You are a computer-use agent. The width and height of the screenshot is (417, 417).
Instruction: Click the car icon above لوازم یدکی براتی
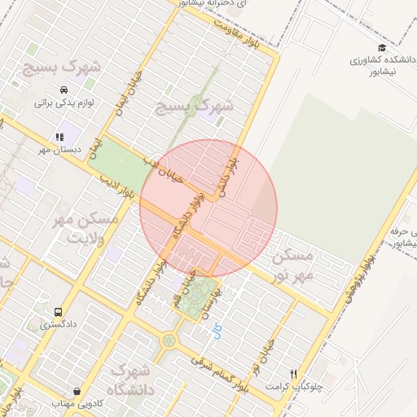(x=64, y=90)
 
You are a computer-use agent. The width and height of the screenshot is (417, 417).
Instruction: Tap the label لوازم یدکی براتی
(x=64, y=103)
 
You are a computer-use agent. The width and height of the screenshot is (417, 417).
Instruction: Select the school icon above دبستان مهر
(x=59, y=137)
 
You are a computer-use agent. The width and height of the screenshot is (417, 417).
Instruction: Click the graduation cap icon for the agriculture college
(x=382, y=47)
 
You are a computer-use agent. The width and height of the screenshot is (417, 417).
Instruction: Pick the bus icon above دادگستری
(x=58, y=311)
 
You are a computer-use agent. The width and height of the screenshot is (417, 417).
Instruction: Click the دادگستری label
(x=59, y=324)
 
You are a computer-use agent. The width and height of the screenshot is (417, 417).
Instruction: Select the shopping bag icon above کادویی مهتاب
(x=77, y=390)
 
